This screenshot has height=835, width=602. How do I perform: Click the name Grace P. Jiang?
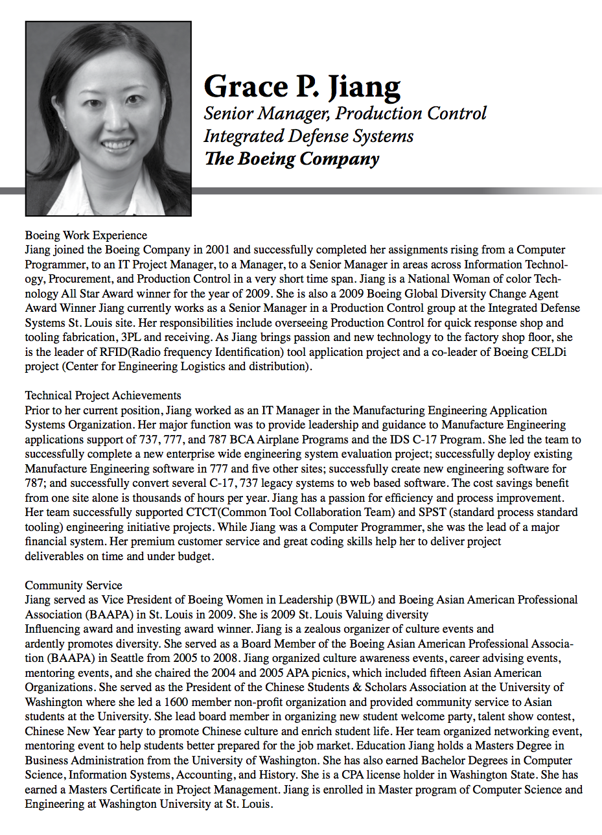302,86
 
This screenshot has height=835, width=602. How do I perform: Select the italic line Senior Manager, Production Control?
345,113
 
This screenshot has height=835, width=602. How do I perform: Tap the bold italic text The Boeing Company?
291,158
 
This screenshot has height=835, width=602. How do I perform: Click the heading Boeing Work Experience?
86,235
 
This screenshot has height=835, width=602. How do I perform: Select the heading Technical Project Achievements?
103,395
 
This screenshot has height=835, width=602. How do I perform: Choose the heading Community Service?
73,585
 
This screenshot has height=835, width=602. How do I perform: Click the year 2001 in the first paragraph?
217,250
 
